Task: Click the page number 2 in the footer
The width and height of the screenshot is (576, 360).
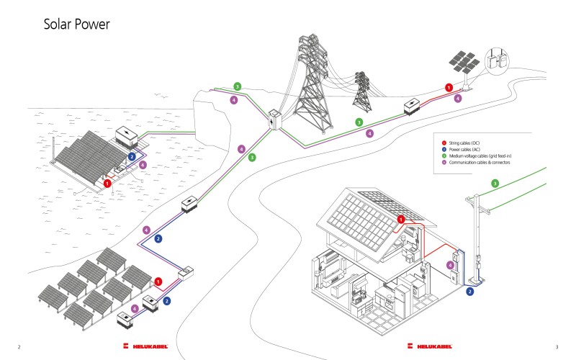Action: point(18,347)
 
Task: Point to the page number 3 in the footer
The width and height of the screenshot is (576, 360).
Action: point(557,347)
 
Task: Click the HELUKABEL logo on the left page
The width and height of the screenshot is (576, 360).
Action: point(145,347)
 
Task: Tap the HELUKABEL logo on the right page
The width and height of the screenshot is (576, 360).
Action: point(430,347)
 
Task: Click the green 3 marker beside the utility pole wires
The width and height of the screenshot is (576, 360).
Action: point(495,184)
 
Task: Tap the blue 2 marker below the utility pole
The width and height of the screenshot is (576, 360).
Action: point(469,292)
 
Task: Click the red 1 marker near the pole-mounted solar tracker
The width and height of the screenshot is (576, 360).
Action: point(449,87)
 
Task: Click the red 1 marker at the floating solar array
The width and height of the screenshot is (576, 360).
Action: point(107,184)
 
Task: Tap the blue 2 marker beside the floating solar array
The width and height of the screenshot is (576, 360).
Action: point(131,156)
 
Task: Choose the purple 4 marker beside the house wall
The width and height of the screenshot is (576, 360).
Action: point(451,266)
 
